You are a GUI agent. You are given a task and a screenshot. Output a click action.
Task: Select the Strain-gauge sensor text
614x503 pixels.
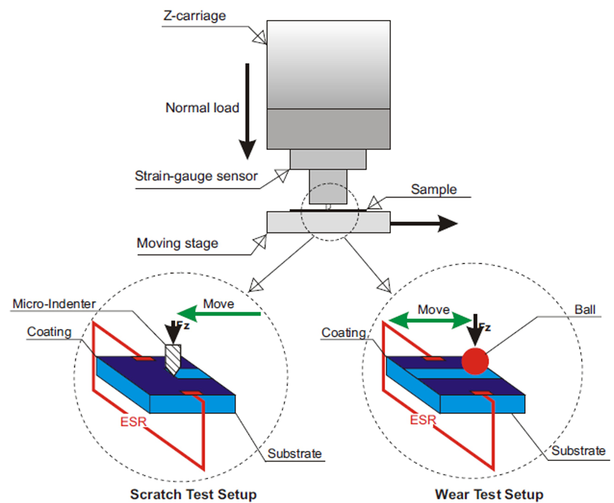tap(196, 175)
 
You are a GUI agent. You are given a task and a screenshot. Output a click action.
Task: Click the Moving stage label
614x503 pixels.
tap(177, 243)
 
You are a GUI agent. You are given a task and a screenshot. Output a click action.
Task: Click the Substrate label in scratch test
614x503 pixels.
tap(295, 453)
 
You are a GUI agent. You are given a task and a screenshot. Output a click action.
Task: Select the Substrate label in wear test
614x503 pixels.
tap(578, 451)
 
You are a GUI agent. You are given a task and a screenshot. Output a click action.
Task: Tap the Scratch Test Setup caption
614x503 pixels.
tap(193, 494)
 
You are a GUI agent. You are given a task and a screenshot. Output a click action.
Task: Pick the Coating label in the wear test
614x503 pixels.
tap(343, 333)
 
